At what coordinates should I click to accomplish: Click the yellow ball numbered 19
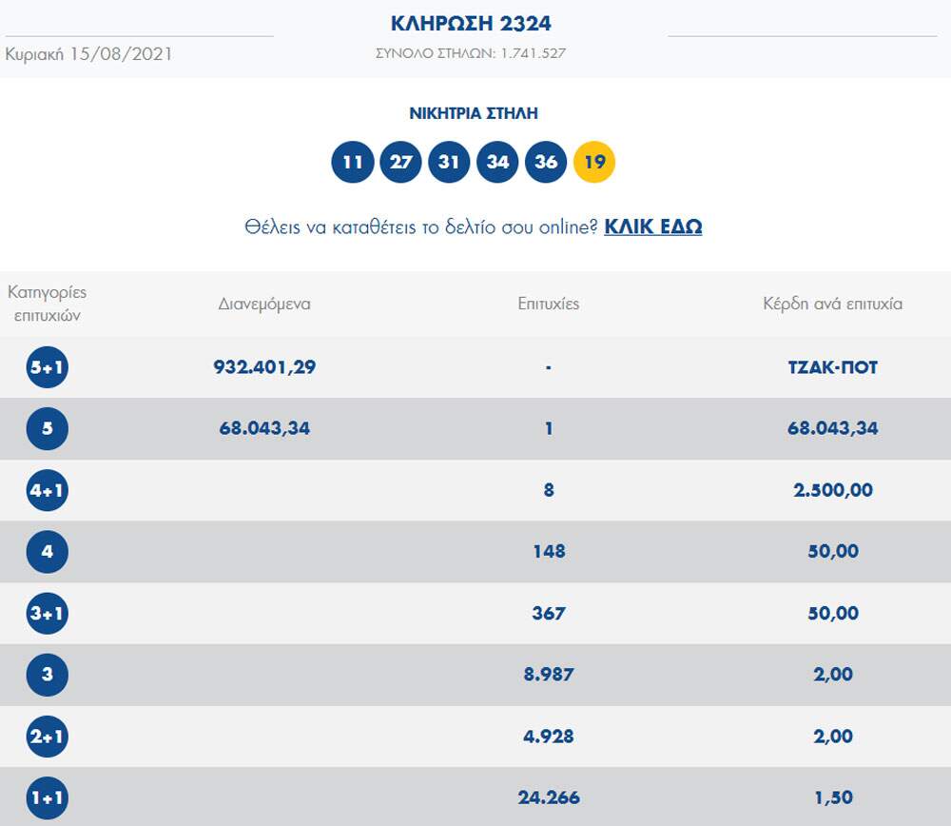(594, 162)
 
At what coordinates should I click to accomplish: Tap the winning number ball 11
(353, 162)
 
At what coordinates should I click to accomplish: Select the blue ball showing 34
(498, 162)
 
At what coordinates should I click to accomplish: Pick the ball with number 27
(401, 162)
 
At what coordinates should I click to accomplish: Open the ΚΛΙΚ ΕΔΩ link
(653, 227)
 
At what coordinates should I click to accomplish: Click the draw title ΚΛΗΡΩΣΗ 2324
(471, 24)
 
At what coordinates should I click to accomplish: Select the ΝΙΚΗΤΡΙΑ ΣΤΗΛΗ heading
(474, 113)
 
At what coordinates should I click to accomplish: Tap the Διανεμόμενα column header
(264, 305)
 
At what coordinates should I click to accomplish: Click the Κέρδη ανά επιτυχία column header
(832, 305)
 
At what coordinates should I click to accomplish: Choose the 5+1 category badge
(48, 367)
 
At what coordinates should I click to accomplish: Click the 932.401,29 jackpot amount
(264, 367)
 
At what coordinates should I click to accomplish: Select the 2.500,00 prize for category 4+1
(832, 490)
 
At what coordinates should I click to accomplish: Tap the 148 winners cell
(549, 551)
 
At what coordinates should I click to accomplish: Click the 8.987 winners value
(549, 674)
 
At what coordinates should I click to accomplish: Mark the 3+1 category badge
(48, 613)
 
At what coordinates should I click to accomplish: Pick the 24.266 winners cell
(549, 796)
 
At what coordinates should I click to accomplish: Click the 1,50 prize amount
(832, 796)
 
